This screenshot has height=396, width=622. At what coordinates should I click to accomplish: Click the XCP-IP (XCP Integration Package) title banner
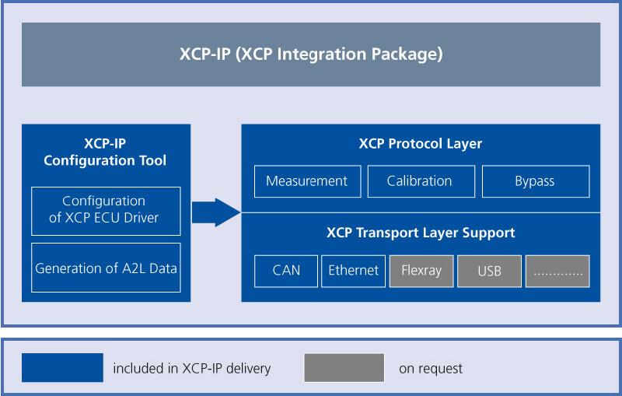(x=311, y=54)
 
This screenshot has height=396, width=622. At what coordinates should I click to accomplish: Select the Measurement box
(x=306, y=181)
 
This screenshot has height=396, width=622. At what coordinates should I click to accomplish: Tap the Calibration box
(x=420, y=181)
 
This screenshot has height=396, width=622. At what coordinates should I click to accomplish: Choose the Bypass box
(x=535, y=181)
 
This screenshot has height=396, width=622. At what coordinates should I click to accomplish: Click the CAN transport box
(x=286, y=272)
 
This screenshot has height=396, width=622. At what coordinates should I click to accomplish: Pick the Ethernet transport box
(x=353, y=272)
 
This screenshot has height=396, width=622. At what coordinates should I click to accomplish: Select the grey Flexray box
(x=421, y=272)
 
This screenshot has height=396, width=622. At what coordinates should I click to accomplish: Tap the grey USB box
(x=489, y=272)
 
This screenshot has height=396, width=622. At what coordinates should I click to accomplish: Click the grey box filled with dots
(x=557, y=272)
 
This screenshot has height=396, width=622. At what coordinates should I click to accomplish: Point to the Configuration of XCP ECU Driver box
(x=106, y=210)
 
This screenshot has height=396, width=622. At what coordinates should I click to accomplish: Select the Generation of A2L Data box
(x=106, y=268)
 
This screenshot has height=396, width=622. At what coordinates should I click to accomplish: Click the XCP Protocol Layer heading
(x=420, y=144)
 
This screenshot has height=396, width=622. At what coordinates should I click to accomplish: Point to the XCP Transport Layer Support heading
(x=420, y=233)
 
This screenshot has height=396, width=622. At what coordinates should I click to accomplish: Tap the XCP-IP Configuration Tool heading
(x=105, y=152)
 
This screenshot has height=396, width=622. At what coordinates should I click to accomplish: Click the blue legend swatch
(x=62, y=368)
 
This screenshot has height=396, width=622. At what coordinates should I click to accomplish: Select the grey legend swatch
(x=344, y=368)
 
